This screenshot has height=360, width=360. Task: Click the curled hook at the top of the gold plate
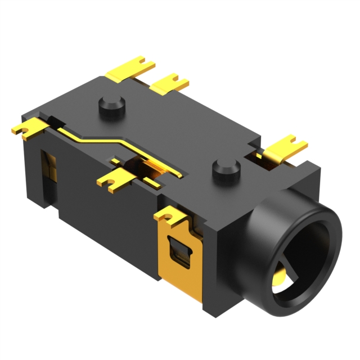172,215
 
